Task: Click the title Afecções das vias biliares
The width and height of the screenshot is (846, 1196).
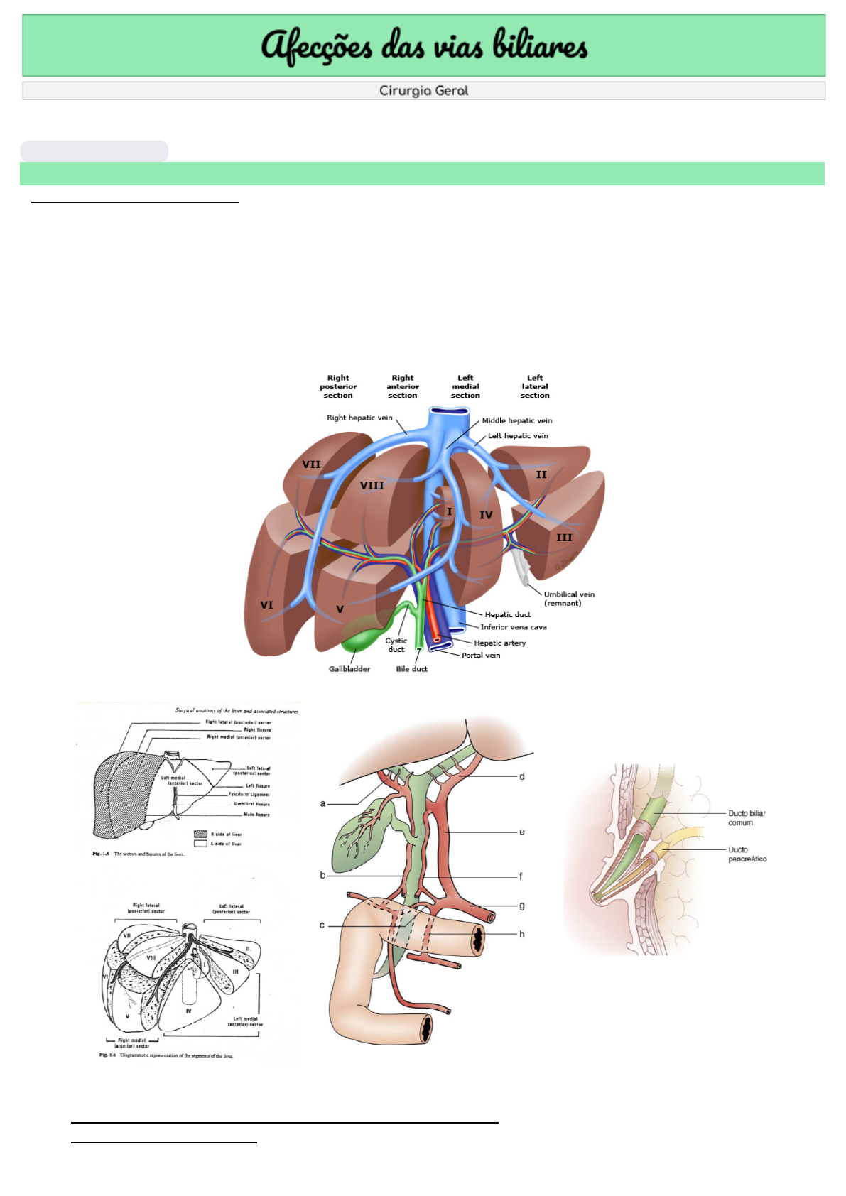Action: pos(424,46)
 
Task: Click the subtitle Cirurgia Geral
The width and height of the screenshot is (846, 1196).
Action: pos(423,91)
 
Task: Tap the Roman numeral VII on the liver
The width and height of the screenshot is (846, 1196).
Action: pos(311,464)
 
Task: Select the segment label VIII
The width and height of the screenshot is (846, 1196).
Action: pos(372,486)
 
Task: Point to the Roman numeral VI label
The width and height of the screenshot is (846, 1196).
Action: pos(266,605)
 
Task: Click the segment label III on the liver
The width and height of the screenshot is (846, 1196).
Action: pos(564,538)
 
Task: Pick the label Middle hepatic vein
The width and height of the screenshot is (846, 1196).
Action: pos(516,420)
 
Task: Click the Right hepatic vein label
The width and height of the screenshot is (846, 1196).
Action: pos(359,418)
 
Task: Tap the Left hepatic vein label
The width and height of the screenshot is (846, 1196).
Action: pos(518,436)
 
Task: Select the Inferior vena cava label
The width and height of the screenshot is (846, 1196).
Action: pos(514,627)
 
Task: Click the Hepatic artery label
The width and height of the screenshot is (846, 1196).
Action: pos(500,643)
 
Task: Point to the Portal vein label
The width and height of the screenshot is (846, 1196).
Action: pos(481,656)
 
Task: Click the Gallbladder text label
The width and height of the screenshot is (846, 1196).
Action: pos(349,669)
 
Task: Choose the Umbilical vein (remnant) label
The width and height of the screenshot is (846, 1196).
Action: pos(569,599)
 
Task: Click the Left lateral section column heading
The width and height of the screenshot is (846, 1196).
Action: pos(535,386)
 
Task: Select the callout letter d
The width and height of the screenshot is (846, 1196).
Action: pos(522,776)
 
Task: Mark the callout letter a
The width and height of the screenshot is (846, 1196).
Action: pos(322,803)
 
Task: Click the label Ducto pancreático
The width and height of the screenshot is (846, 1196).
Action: pos(747,854)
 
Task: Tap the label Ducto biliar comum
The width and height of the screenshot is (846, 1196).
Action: pos(747,818)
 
